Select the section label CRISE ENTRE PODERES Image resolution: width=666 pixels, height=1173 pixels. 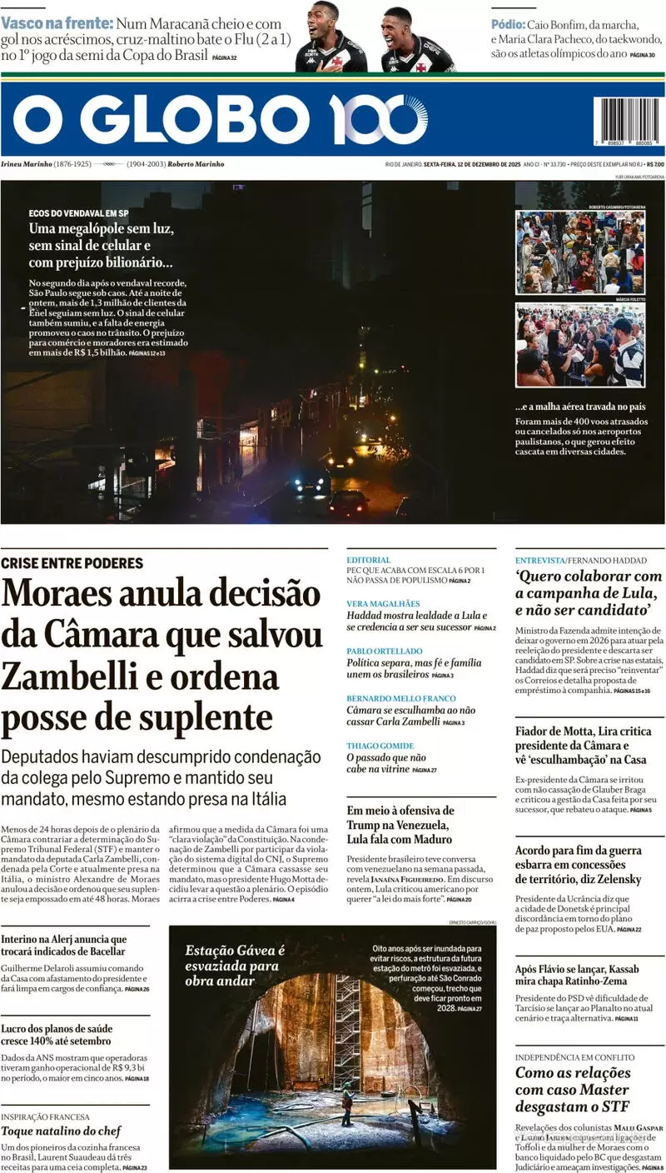coord(72,563)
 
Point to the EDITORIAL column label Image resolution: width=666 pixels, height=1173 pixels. coord(368,560)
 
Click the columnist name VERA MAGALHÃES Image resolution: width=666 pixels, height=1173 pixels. coord(384,603)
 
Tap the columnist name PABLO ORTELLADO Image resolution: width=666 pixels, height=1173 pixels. coord(385,651)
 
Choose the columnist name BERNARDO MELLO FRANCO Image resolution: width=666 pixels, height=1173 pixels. coord(401,698)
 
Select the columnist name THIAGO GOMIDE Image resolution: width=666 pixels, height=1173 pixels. coord(380,746)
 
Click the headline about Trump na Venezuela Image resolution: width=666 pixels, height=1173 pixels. coord(400,824)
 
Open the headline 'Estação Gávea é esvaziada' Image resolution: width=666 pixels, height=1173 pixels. coord(235,965)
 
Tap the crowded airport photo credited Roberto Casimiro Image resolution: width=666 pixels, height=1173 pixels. coord(579,252)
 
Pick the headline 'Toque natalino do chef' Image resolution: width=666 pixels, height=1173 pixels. coord(61,1131)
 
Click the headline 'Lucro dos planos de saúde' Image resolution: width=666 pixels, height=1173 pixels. coord(56,1035)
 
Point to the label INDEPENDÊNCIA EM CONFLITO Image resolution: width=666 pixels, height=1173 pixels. coord(574,1057)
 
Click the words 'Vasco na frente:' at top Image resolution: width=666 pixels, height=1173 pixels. coord(56,24)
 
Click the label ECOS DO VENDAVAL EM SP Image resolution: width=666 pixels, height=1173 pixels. coord(78,212)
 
